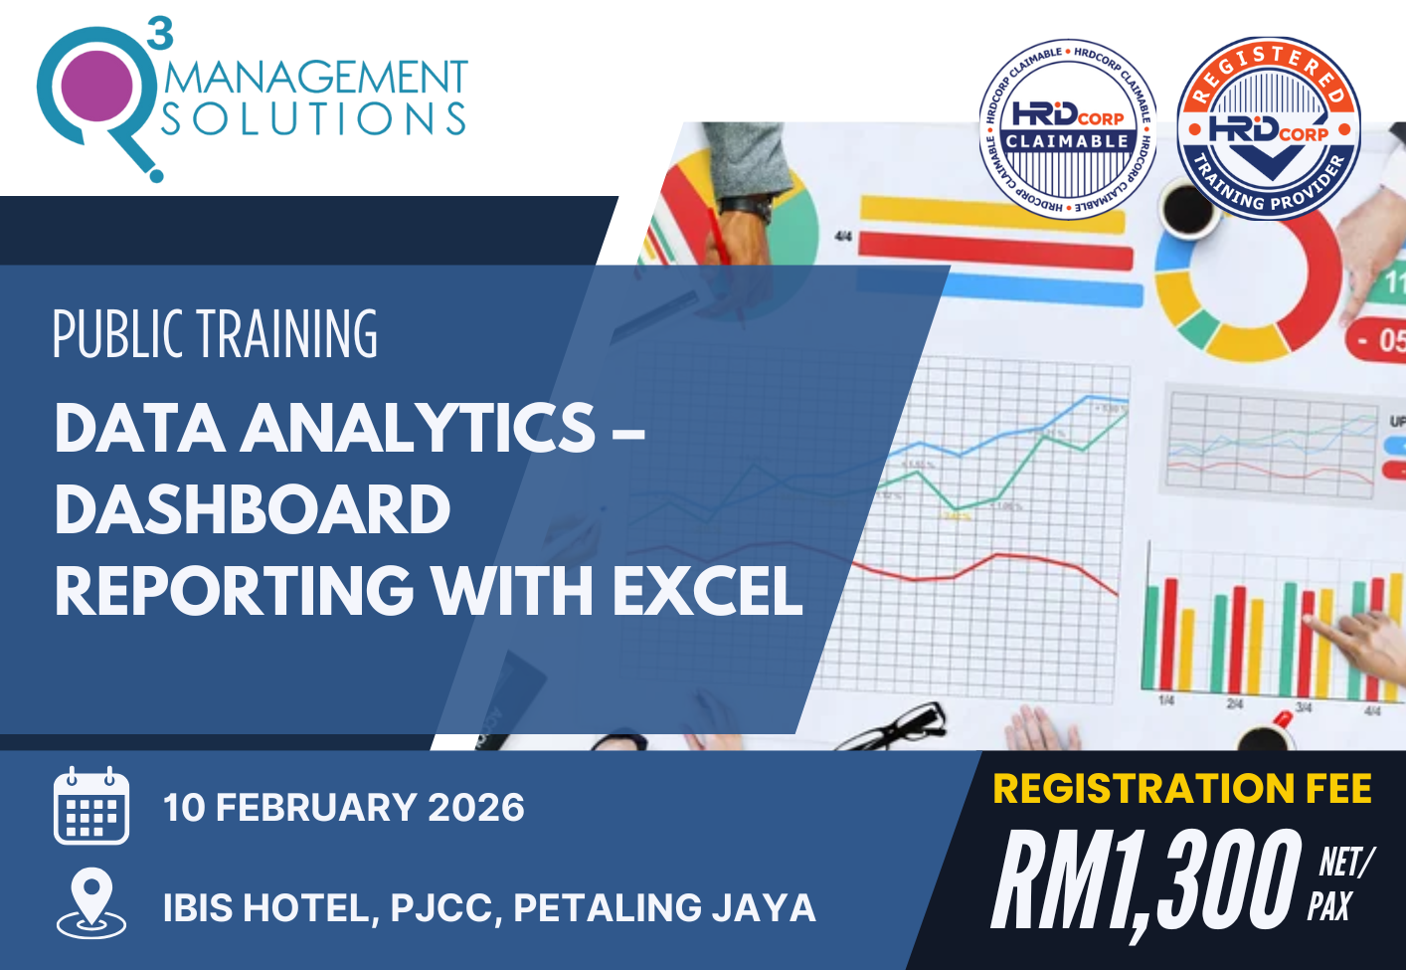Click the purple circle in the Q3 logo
pyautogui.click(x=96, y=86)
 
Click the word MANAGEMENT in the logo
pyautogui.click(x=315, y=79)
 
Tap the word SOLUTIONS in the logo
pyautogui.click(x=314, y=119)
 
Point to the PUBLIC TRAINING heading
pyautogui.click(x=215, y=334)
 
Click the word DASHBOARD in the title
pyautogui.click(x=253, y=509)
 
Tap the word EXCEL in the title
pyautogui.click(x=707, y=591)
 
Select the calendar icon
pyautogui.click(x=90, y=806)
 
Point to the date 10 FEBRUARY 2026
pyautogui.click(x=344, y=808)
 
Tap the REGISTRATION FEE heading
pyautogui.click(x=1182, y=789)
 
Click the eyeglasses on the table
pyautogui.click(x=895, y=723)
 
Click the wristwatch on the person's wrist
pyautogui.click(x=748, y=207)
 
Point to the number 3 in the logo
pyautogui.click(x=160, y=33)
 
